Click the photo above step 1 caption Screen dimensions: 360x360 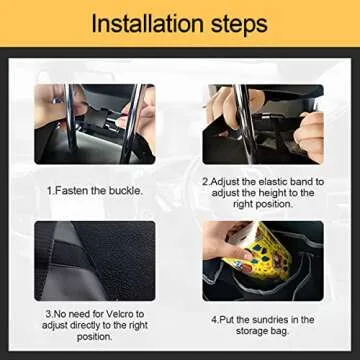(95, 124)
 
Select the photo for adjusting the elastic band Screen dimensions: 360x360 (262, 124)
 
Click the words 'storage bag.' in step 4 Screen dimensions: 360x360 (262, 333)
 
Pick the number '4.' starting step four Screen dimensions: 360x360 (213, 320)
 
